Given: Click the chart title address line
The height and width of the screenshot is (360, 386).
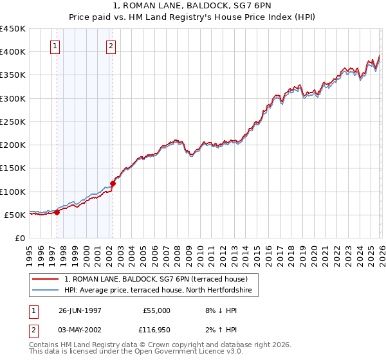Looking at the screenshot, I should pos(193,6).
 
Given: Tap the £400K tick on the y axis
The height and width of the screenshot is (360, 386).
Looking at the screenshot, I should pos(13,52).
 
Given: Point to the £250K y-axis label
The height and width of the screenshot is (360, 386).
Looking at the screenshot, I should pos(13,122).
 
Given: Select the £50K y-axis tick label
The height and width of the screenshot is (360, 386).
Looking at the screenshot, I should pos(15,215).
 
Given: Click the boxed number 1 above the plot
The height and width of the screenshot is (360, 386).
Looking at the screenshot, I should pos(56,46).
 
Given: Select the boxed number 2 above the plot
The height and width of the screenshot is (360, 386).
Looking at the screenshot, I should pos(111,46).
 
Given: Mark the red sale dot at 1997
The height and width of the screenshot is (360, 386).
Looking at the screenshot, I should pos(57,212).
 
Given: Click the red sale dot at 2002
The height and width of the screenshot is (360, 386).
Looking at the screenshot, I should pos(113,183).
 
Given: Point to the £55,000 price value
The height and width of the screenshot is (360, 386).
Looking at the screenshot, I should pos(155,310).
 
